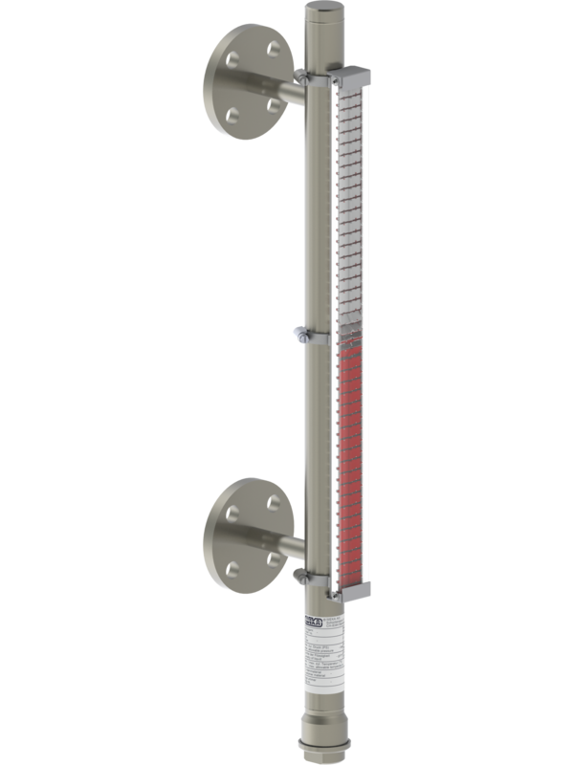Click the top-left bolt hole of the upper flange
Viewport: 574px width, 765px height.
pyautogui.click(x=233, y=58)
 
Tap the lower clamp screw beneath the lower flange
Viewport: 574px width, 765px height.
pyautogui.click(x=300, y=574)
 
